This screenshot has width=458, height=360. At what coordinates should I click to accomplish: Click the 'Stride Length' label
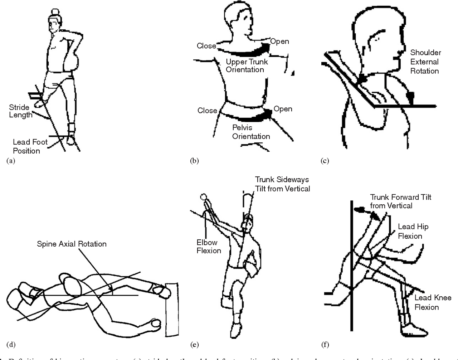[20, 111]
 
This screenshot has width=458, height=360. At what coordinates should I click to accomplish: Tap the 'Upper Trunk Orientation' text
[247, 65]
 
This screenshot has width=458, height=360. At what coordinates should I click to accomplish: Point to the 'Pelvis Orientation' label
[251, 132]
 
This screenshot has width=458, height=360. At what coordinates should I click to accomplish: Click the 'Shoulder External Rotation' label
[425, 62]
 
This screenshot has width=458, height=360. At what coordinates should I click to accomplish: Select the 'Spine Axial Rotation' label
[72, 244]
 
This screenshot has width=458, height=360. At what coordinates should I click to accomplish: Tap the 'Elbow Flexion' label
[209, 247]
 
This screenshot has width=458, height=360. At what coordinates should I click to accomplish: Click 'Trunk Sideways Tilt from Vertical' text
[282, 184]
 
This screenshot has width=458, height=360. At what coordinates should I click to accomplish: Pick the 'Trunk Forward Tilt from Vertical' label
[400, 201]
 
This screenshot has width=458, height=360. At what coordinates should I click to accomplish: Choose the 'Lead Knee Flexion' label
[433, 302]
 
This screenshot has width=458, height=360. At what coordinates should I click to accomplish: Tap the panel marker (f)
[325, 345]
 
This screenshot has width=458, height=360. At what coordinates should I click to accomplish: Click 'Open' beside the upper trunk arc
[279, 42]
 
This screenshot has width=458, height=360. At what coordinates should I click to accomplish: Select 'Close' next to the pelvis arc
[207, 111]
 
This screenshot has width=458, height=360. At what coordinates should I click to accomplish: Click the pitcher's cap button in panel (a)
[54, 12]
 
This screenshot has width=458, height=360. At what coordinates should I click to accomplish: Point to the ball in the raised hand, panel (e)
[204, 196]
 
